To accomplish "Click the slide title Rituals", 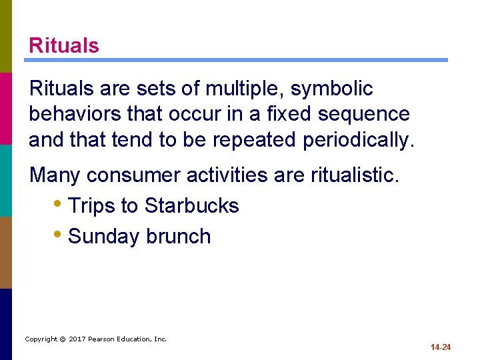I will [x=64, y=45].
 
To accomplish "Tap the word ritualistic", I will [x=355, y=175].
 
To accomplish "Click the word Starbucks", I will [x=191, y=205].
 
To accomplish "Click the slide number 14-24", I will [x=441, y=347].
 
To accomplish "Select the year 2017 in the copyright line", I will [x=79, y=339].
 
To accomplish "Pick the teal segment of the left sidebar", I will [x=6, y=180].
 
